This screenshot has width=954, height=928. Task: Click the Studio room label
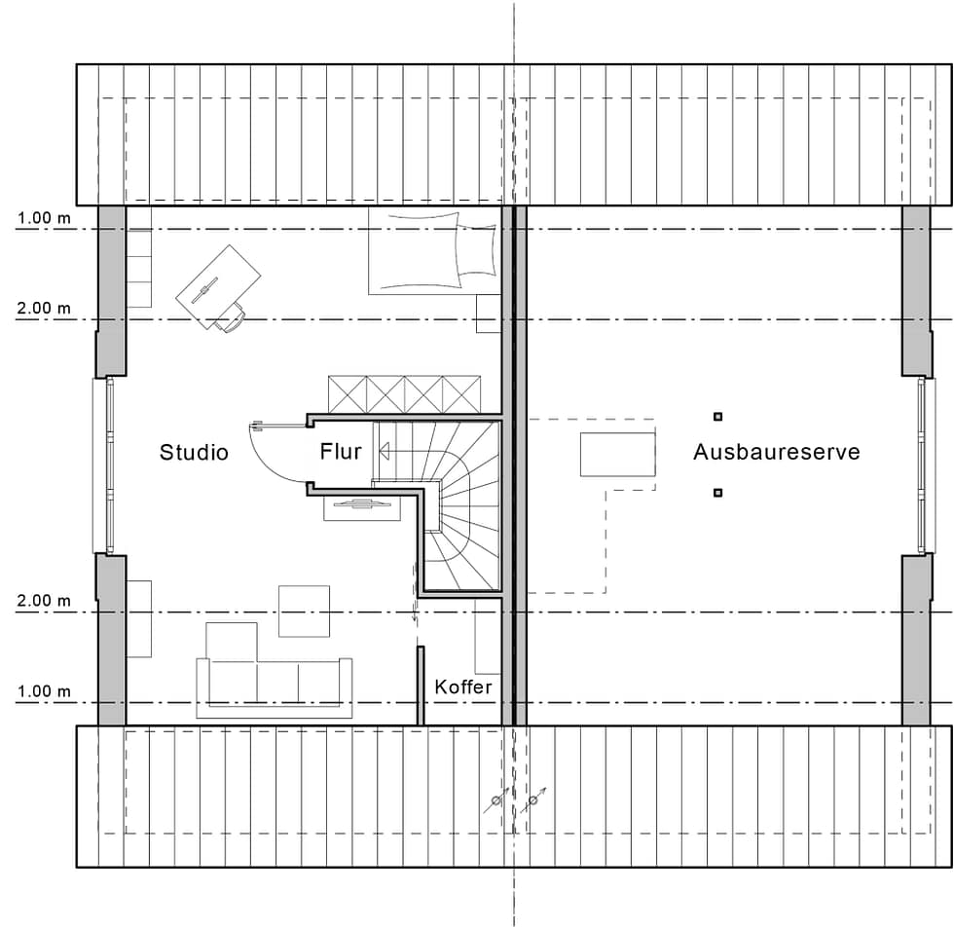coord(194,452)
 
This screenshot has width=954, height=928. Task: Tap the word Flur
coord(341,451)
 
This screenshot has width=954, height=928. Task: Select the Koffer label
coord(463,687)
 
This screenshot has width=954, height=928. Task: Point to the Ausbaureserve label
coord(777,452)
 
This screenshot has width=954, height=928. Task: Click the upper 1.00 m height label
coord(44,217)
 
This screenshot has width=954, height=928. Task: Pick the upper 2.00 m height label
coord(44,308)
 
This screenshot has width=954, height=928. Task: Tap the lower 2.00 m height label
coord(44,601)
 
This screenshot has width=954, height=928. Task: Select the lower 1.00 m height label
coord(44,691)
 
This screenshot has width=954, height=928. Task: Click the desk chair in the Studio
coord(231,317)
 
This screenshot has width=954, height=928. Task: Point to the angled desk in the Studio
coord(218,286)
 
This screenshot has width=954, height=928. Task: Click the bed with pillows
coord(434,251)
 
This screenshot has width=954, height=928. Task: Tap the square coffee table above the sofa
coord(304,611)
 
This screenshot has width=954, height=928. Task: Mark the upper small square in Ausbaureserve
coord(718,417)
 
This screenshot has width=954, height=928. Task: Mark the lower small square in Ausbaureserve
coord(718,493)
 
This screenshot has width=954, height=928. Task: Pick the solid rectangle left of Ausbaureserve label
coord(617,455)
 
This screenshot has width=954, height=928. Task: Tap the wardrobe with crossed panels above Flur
coord(405,394)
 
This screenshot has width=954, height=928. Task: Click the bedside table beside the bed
coord(489,314)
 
